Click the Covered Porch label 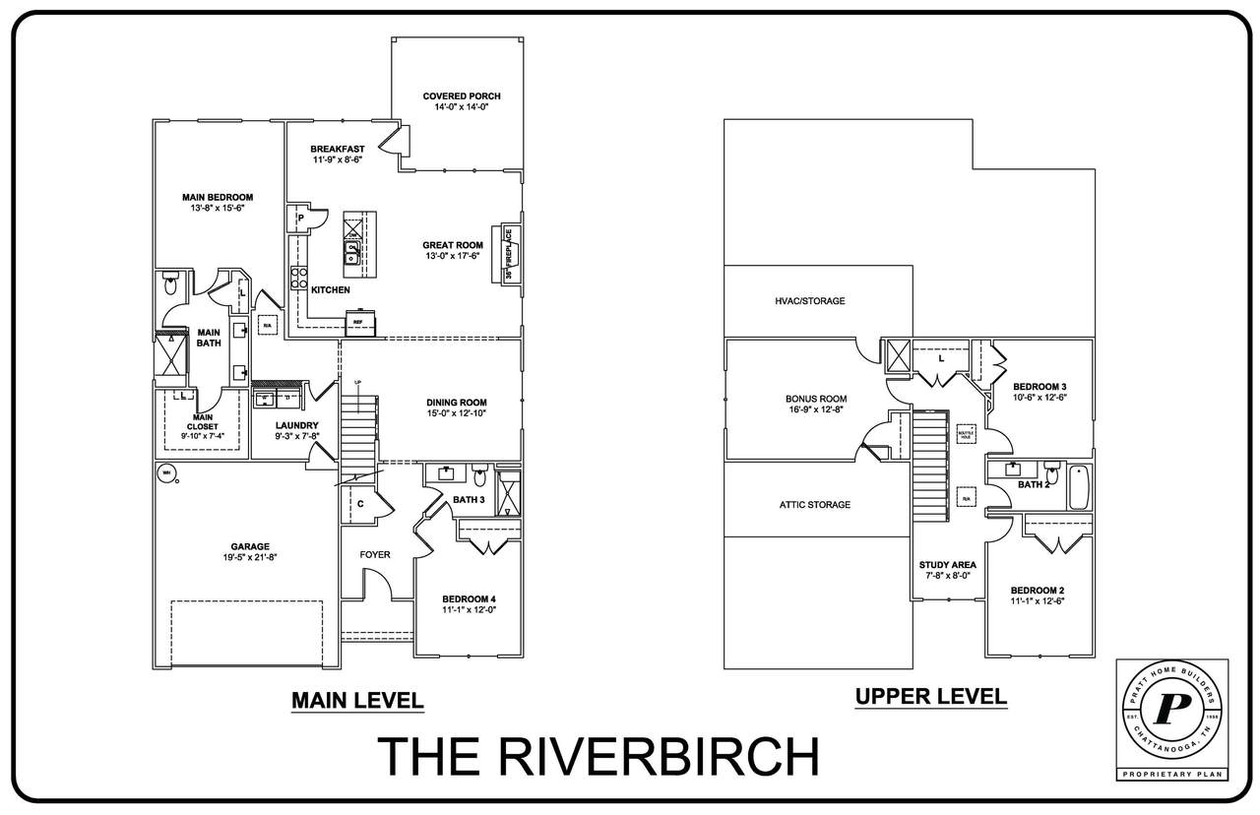[x=462, y=95]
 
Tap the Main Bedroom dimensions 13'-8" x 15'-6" [x=218, y=209]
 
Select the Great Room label [x=453, y=245]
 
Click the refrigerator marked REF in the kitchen [x=357, y=322]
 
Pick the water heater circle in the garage [x=164, y=472]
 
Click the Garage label [x=250, y=546]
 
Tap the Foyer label [x=374, y=555]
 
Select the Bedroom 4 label [x=469, y=598]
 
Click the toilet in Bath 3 [x=480, y=475]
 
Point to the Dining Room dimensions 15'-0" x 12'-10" [x=456, y=413]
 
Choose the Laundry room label [x=297, y=425]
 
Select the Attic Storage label [x=815, y=505]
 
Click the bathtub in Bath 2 [x=1080, y=485]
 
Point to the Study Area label [x=947, y=565]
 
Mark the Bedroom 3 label [x=1040, y=386]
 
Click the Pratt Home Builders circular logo [x=1171, y=710]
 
